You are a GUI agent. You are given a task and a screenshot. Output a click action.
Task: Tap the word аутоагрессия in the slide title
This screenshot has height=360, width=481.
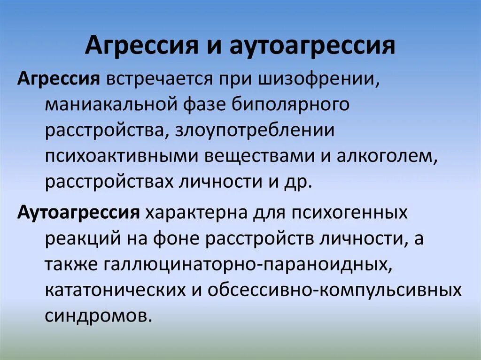click(312, 46)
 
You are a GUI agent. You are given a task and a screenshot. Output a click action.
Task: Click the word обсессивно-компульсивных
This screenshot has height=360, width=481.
click(335, 290)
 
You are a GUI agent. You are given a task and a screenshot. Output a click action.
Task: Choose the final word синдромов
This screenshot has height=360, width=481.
click(99, 314)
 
